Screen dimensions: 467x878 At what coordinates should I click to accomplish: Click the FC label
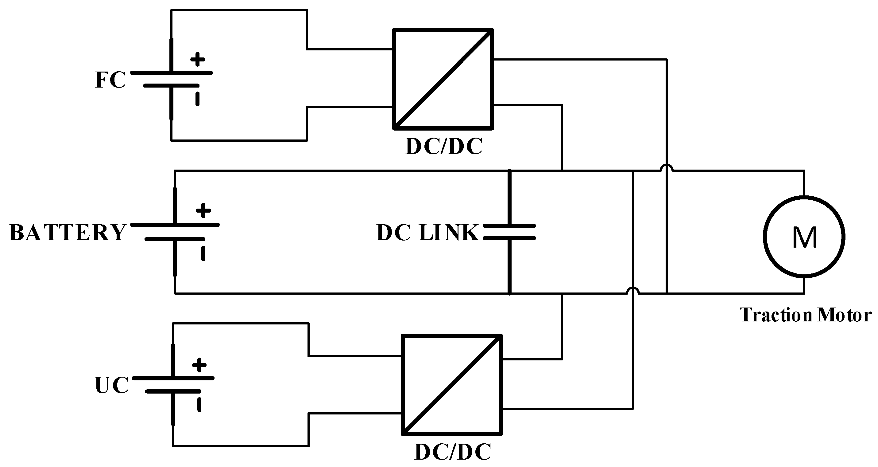110,80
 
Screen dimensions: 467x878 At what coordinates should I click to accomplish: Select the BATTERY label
68,233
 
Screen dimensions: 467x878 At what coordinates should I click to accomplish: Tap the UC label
112,386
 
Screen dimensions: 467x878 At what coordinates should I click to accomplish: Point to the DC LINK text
427,233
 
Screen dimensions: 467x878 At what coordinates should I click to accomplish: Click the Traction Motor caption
805,315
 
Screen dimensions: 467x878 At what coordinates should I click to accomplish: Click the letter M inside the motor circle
805,238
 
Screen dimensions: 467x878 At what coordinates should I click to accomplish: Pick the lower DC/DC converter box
452,384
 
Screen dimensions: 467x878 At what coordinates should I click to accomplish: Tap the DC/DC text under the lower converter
453,452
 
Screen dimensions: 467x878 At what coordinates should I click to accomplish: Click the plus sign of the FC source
197,59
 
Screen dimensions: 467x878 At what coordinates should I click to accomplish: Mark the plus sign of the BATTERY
203,210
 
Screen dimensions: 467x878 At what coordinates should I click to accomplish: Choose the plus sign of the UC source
199,365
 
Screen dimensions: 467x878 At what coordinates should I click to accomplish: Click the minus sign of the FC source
197,99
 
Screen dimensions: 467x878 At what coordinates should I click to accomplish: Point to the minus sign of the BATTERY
203,253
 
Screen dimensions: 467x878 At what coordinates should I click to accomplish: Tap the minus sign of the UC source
199,405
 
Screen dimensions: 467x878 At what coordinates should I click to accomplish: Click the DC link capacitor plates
509,232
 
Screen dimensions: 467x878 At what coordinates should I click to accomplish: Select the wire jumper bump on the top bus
666,167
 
